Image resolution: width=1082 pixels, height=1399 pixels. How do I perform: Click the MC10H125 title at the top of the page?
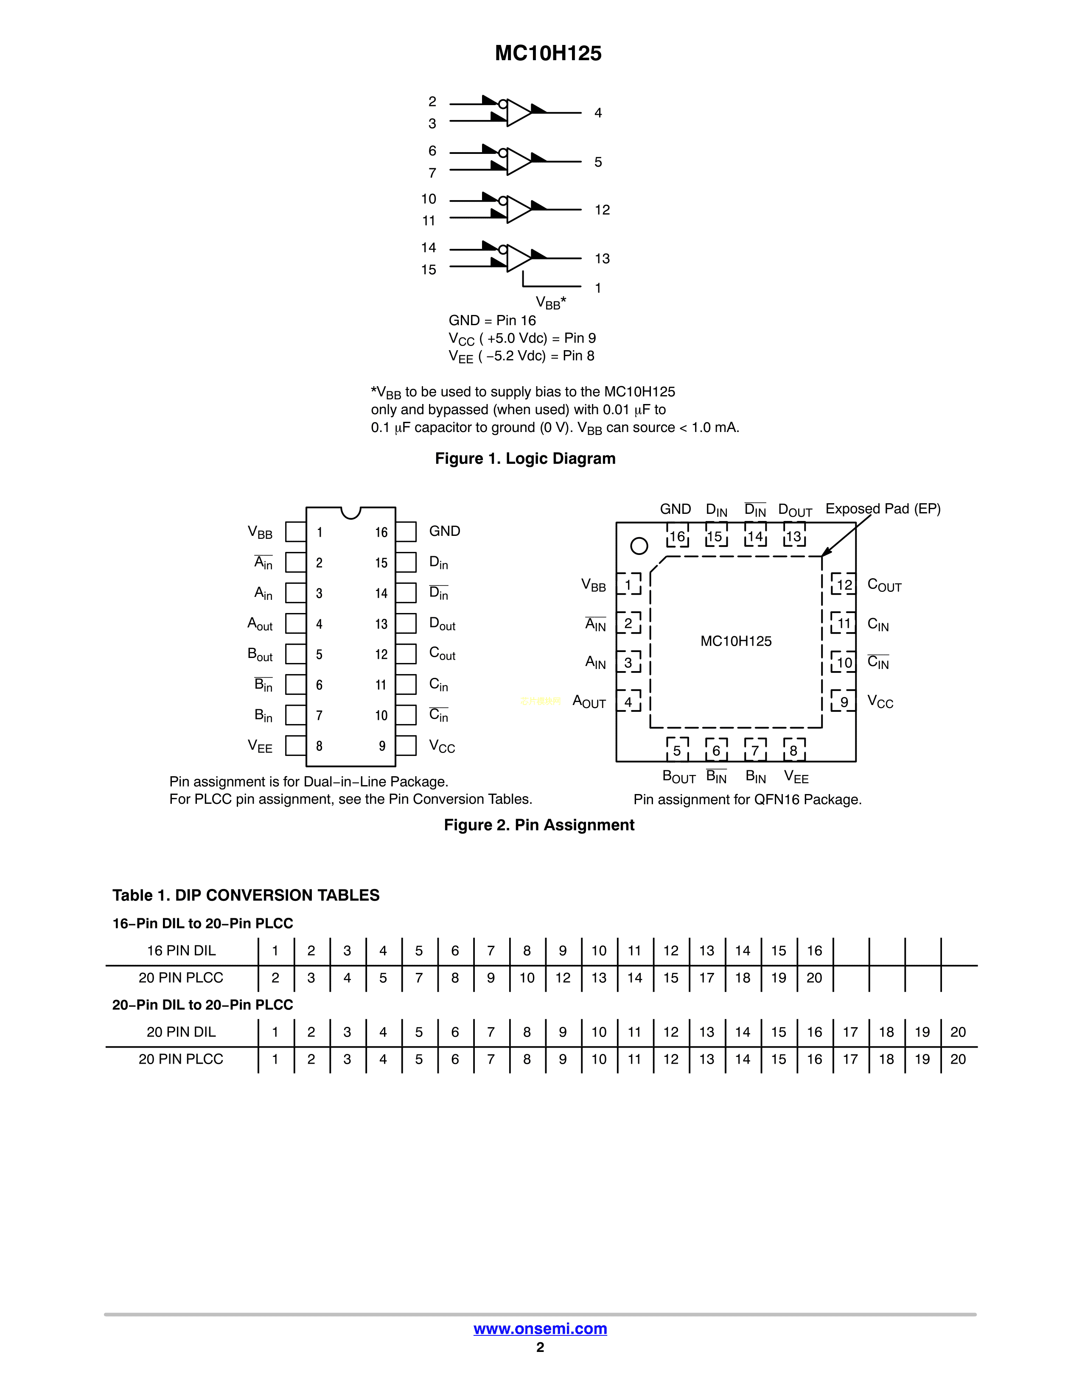(x=548, y=53)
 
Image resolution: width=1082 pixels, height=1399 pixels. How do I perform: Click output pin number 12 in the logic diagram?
(x=602, y=210)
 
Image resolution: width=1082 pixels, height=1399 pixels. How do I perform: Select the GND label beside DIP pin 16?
(x=444, y=531)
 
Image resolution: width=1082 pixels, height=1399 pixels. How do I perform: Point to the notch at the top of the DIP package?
(x=350, y=512)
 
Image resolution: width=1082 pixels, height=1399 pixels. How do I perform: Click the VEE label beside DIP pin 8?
(x=260, y=746)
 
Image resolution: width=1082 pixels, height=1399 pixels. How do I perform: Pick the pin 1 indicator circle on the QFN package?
(x=639, y=546)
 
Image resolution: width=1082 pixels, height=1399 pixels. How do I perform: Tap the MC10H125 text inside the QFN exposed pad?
(x=736, y=641)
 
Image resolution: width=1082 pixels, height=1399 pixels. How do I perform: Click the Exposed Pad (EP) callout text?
(x=883, y=509)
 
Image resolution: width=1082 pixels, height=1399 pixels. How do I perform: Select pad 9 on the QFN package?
(x=844, y=702)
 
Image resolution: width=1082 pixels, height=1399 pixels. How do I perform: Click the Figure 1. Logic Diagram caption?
(x=525, y=459)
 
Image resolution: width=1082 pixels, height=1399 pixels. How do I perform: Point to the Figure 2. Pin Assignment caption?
(x=539, y=825)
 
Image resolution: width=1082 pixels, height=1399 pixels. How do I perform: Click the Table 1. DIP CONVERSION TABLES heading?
(x=246, y=895)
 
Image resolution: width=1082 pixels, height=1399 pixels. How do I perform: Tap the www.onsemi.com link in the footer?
(x=540, y=1329)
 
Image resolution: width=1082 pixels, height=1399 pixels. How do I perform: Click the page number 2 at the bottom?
(x=540, y=1347)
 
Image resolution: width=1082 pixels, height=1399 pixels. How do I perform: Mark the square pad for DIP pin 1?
(x=295, y=532)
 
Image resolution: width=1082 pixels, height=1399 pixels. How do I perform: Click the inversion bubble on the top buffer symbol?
(x=503, y=104)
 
